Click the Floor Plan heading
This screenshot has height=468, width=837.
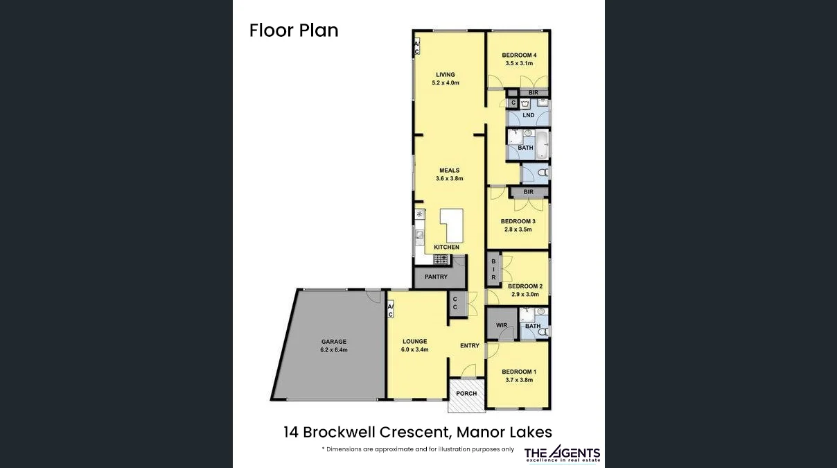294,31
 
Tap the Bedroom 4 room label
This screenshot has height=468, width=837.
519,55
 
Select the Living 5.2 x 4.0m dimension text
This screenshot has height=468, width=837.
446,83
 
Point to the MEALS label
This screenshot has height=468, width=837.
449,171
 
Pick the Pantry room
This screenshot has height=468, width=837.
436,277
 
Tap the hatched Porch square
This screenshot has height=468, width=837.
466,395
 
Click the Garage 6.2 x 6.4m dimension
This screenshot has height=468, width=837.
333,350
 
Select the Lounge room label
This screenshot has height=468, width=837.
414,341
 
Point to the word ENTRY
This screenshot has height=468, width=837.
469,346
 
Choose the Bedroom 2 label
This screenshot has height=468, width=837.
525,286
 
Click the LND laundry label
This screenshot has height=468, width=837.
529,115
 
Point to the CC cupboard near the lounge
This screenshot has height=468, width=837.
455,303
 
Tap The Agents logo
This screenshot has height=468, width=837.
562,454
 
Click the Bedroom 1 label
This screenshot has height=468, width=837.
518,372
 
